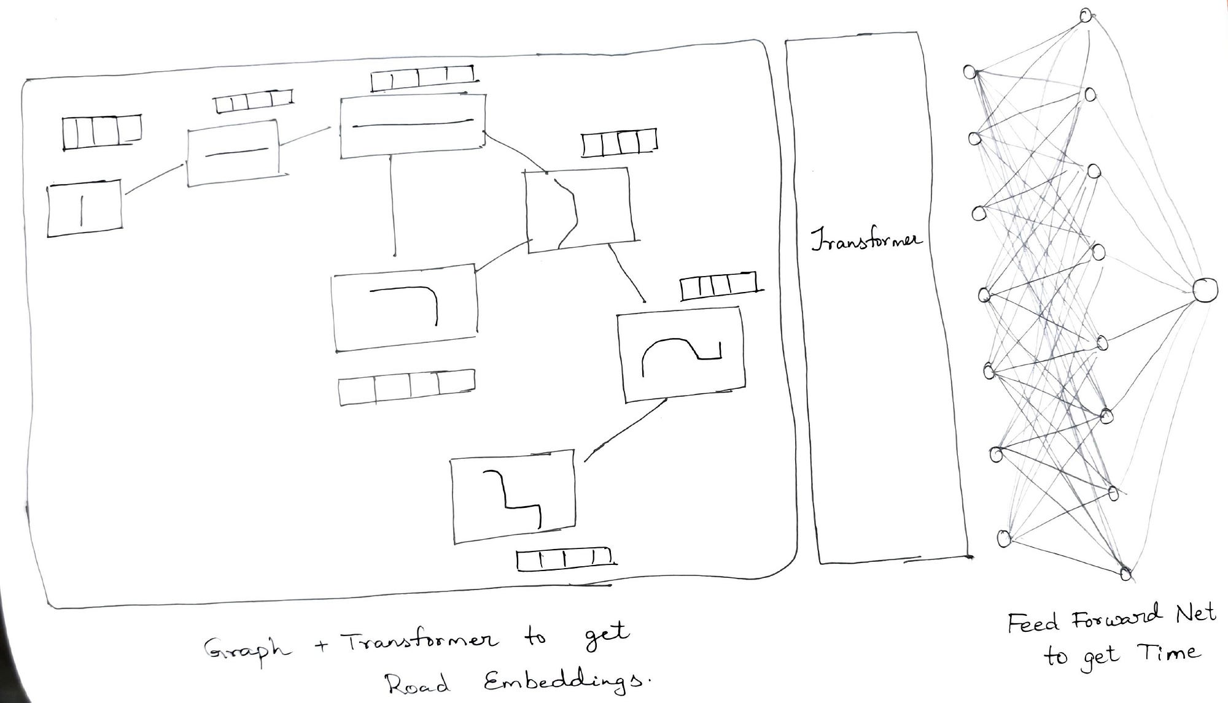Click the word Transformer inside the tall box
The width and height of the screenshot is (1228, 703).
pos(866,240)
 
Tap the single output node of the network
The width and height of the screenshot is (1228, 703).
pos(1205,290)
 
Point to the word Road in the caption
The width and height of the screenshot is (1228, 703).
pos(418,683)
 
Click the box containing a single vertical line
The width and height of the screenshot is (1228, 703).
pos(84,208)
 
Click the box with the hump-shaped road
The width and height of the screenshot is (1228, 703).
pos(682,356)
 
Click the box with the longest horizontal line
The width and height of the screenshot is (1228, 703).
pos(413,126)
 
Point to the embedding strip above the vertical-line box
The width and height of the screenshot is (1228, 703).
pos(101,131)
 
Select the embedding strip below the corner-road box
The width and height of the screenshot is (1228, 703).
pos(406,386)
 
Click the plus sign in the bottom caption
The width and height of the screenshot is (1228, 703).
pos(322,645)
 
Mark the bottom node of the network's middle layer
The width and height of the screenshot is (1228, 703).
pos(1125,574)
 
